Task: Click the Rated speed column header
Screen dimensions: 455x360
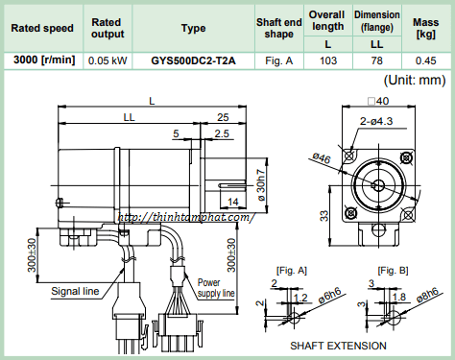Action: click(x=42, y=28)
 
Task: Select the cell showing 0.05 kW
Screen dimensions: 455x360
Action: click(x=108, y=60)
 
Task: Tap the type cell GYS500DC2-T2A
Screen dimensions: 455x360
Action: click(x=193, y=60)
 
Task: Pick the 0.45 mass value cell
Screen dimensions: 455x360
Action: click(x=425, y=60)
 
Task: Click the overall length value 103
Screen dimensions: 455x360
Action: click(x=328, y=60)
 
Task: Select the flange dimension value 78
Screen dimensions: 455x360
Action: click(x=377, y=60)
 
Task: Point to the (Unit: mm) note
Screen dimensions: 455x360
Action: click(x=415, y=80)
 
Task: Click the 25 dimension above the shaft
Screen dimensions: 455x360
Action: click(x=223, y=117)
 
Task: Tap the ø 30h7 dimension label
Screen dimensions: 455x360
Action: click(x=262, y=185)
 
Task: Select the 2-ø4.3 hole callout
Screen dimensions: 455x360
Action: click(x=376, y=121)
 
